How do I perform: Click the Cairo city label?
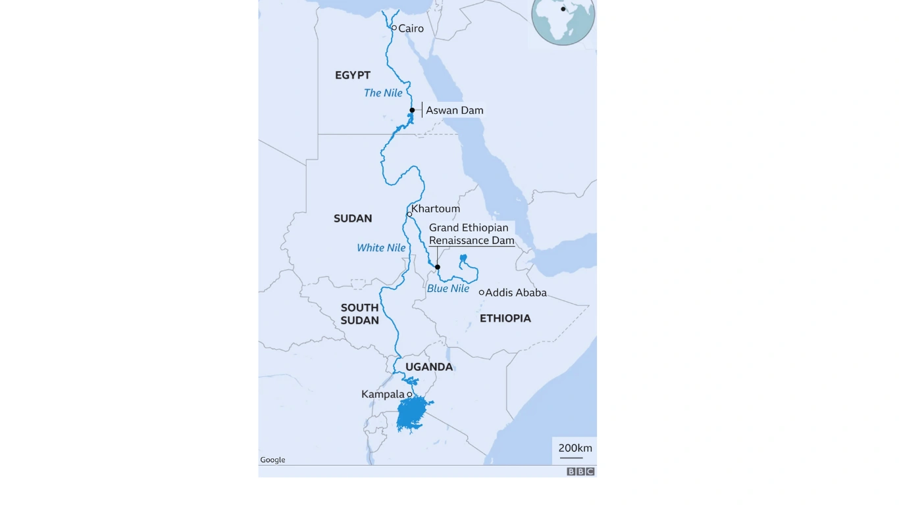tap(411, 29)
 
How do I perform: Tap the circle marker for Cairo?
tap(394, 28)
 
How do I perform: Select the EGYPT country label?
tap(353, 76)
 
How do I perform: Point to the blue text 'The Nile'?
tap(383, 93)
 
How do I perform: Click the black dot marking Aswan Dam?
tap(412, 110)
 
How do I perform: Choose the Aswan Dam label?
tap(454, 110)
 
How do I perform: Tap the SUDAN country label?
tap(353, 218)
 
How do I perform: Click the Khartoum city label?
tap(436, 209)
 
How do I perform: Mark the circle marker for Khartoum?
tap(409, 214)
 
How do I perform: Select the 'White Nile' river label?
tap(381, 248)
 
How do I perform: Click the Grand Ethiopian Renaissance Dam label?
tap(471, 234)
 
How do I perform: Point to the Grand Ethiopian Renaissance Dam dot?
tap(437, 267)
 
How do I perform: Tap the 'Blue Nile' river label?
tap(448, 289)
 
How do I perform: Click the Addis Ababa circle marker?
tap(482, 293)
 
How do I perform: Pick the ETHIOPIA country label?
tap(505, 318)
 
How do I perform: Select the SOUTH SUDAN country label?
tap(359, 314)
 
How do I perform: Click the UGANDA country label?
tap(429, 367)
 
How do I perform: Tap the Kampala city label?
tap(383, 395)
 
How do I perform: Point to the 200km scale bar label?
tap(575, 448)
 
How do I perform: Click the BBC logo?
tap(580, 471)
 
